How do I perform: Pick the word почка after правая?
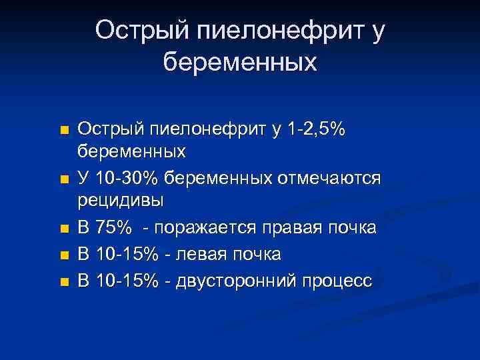click(353, 228)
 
